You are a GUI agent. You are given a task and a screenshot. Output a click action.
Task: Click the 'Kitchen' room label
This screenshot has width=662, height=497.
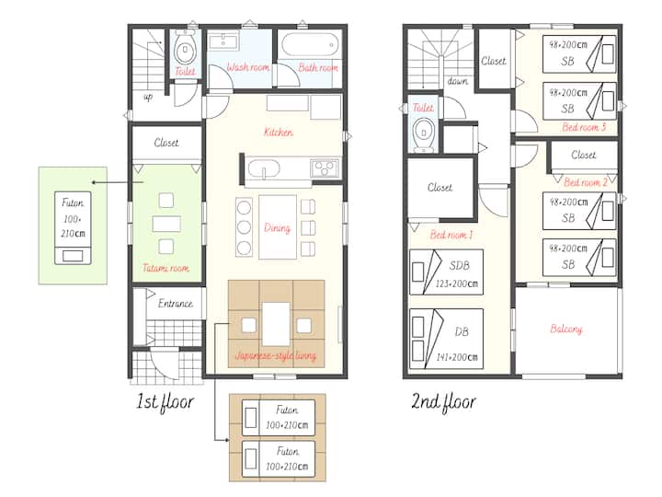[x=279, y=132]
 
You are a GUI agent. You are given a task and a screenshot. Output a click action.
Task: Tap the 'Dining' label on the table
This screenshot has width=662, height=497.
[x=277, y=228]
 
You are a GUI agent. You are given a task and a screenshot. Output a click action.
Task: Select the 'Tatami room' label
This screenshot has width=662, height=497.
[x=165, y=268]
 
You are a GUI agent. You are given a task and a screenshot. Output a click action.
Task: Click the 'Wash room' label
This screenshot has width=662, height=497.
[x=248, y=67]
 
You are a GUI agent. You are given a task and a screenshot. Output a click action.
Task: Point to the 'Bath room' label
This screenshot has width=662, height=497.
[x=318, y=67]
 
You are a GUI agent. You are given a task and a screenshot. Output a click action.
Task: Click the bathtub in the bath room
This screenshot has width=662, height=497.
[x=310, y=44]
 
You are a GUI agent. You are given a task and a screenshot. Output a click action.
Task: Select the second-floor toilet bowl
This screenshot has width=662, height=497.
[x=423, y=133]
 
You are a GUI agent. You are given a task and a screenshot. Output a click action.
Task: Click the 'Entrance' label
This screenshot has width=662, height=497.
[x=176, y=303]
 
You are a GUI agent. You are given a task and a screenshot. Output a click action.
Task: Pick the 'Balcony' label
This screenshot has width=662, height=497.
[x=565, y=329]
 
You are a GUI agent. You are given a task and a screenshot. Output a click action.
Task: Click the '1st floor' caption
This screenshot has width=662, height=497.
[x=165, y=401]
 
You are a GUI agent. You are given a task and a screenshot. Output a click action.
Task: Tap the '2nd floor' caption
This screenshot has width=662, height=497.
[x=443, y=401]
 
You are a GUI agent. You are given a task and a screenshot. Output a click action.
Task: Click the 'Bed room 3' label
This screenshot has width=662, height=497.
[x=584, y=127]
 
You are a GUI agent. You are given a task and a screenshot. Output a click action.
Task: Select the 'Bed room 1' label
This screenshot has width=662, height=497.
[x=451, y=235]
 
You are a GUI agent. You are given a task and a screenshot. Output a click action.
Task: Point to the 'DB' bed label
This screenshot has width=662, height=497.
[x=462, y=331]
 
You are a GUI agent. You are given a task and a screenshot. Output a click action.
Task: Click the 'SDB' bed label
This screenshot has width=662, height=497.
[x=459, y=265]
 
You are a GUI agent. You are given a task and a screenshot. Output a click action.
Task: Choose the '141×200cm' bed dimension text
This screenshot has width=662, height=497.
[x=457, y=357]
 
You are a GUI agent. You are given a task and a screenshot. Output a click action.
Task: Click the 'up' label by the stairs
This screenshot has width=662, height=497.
[x=148, y=98]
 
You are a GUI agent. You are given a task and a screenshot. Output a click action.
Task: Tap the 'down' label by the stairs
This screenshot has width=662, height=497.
[x=458, y=81]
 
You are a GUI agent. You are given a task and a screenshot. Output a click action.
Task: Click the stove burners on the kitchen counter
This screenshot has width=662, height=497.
[x=325, y=168]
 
